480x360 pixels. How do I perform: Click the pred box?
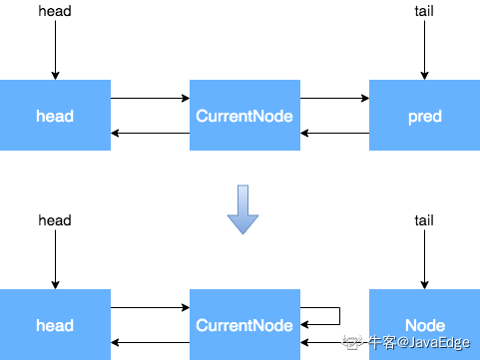point(424,116)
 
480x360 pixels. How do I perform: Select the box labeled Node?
point(424,325)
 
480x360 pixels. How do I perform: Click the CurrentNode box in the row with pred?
point(244,116)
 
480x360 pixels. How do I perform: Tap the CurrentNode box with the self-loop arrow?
point(244,325)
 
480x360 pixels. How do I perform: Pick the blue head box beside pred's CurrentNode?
point(55,116)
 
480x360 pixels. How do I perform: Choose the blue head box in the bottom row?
point(55,325)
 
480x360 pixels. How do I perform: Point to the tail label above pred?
point(424,11)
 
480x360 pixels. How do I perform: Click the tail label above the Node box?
point(424,219)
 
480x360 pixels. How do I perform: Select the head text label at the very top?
point(55,11)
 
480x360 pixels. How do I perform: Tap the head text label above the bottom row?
point(55,219)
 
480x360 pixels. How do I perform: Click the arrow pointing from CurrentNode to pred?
point(334,99)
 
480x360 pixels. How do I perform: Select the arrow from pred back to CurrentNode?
point(334,134)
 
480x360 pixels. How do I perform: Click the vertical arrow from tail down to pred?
point(424,50)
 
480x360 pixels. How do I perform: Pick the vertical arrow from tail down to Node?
point(424,259)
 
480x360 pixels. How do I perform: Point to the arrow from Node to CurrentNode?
point(334,343)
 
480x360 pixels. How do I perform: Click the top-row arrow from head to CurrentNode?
point(150,99)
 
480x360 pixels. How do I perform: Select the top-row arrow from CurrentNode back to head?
point(150,134)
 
